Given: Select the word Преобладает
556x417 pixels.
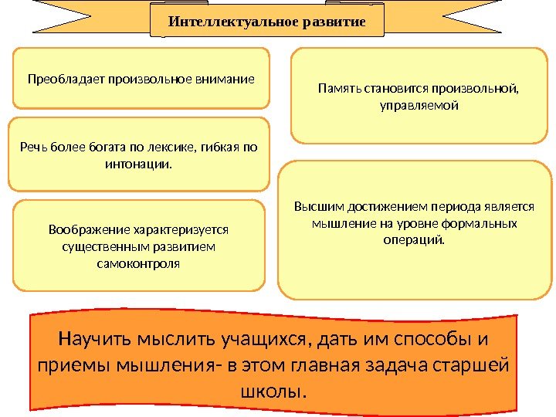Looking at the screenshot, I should point(66,79).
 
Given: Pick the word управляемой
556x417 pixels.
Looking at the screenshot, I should point(419,105).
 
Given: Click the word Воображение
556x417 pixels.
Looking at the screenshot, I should point(86,230).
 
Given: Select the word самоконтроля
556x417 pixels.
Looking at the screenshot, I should point(139,263).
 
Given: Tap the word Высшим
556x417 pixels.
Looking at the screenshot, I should point(314,207).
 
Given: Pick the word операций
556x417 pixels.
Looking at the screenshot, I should point(415,239).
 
